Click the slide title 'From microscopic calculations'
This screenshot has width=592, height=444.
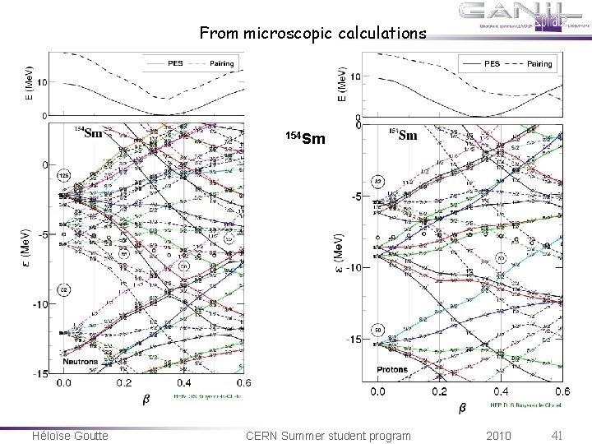(x=313, y=34)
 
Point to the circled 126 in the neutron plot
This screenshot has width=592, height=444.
(x=63, y=176)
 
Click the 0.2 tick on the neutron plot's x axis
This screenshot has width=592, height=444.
(x=123, y=383)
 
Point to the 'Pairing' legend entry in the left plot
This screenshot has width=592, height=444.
(x=221, y=63)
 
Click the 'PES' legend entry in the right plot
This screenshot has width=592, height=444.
(x=492, y=62)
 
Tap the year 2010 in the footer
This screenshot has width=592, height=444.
(x=498, y=434)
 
